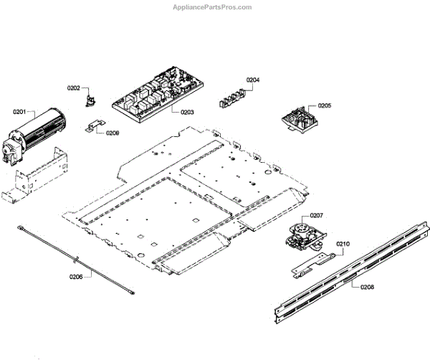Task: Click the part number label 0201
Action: [19, 112]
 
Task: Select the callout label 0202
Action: [74, 88]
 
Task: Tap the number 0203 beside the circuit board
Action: [188, 113]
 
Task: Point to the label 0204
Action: [253, 80]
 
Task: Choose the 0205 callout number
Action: [325, 105]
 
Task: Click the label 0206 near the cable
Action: [76, 277]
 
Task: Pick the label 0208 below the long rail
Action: [367, 287]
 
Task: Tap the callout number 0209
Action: [113, 133]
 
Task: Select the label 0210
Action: [343, 245]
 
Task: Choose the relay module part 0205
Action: [298, 119]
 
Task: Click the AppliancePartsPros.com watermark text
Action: [213, 7]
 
